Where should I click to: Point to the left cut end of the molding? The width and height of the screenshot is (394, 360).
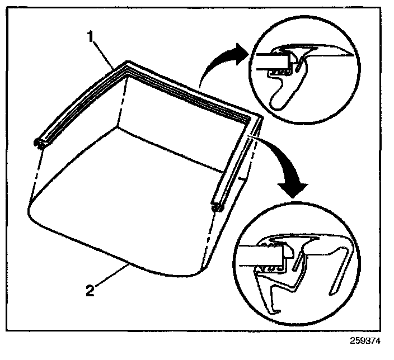pos(40,144)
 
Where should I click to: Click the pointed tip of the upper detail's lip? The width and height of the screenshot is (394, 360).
pos(352,54)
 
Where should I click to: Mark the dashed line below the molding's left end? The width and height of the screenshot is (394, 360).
pos(34,173)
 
